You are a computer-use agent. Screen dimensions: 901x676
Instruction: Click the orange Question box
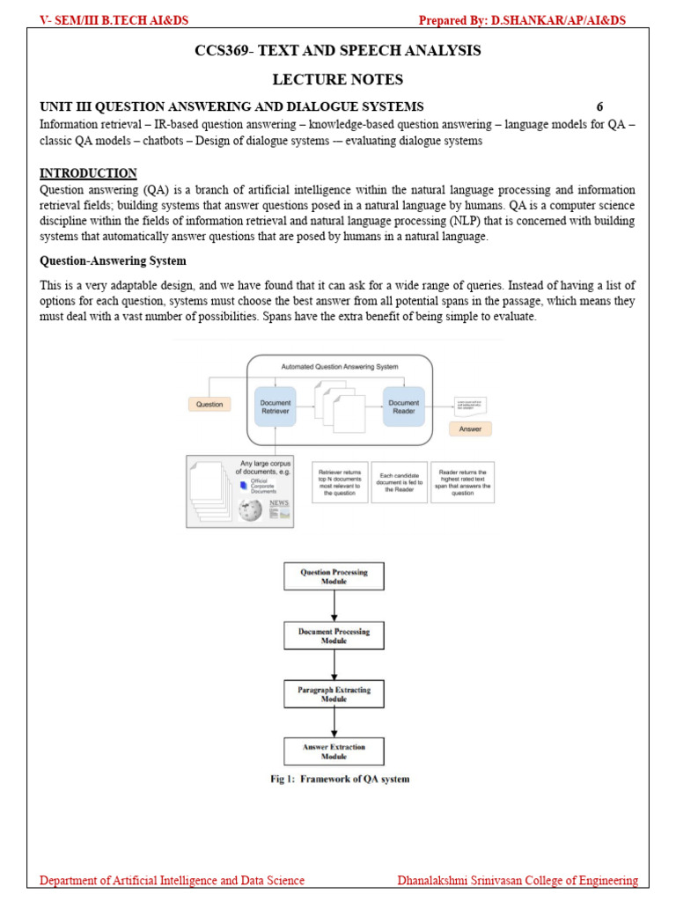(x=209, y=405)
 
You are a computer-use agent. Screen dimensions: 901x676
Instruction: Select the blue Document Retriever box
(x=275, y=407)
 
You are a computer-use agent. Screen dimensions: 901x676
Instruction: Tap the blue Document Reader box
(x=404, y=407)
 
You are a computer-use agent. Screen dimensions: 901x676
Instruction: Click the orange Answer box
(x=471, y=429)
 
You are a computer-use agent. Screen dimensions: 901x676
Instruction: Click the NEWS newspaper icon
(x=279, y=508)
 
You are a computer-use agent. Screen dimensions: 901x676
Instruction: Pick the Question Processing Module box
(x=334, y=576)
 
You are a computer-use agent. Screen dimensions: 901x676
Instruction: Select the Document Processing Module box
(x=334, y=636)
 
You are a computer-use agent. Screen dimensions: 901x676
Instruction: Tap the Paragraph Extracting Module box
(x=334, y=694)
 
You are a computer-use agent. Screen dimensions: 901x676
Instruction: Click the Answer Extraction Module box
(x=334, y=751)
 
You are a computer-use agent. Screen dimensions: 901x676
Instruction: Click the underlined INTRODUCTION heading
(x=89, y=173)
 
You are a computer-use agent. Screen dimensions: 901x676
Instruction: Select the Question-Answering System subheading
(x=114, y=261)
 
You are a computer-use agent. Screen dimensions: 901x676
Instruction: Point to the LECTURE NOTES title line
(x=337, y=79)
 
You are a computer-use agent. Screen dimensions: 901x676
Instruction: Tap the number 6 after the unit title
(x=599, y=107)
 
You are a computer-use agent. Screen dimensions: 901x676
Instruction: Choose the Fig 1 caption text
(x=339, y=779)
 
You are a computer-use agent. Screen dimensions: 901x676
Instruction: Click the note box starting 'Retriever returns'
(x=339, y=483)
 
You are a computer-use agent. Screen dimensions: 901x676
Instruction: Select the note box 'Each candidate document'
(x=399, y=483)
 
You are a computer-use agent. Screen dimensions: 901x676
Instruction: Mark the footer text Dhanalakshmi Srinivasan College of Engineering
(x=518, y=881)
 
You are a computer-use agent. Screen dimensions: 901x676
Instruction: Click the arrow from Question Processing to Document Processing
(x=334, y=606)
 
